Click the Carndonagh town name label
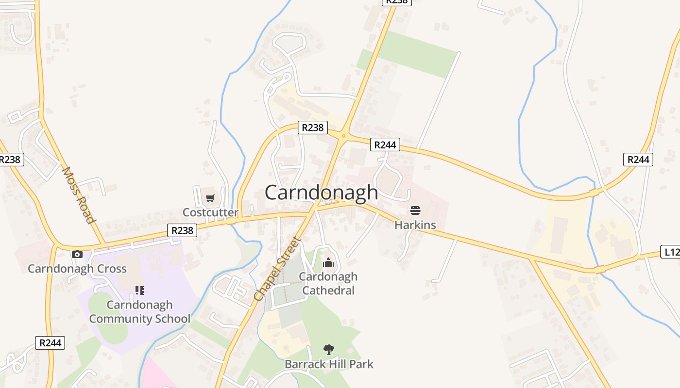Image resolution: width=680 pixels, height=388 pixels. pyautogui.click(x=321, y=193)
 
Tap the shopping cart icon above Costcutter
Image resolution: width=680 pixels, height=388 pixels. pyautogui.click(x=210, y=198)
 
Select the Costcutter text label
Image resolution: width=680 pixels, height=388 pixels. pyautogui.click(x=210, y=212)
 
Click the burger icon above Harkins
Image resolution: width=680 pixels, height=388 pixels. pyautogui.click(x=415, y=210)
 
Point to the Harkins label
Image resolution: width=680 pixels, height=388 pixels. pyautogui.click(x=415, y=225)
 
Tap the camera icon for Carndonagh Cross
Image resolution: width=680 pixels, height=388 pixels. pyautogui.click(x=77, y=254)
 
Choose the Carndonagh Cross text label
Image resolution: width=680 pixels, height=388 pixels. pyautogui.click(x=77, y=269)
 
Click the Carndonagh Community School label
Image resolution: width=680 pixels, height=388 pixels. pyautogui.click(x=139, y=312)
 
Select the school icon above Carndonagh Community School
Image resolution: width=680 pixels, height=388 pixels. pyautogui.click(x=139, y=291)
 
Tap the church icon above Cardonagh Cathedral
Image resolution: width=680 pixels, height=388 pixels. pyautogui.click(x=328, y=263)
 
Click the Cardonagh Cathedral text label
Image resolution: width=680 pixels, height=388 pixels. pyautogui.click(x=328, y=283)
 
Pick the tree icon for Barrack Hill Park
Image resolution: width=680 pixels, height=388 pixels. pyautogui.click(x=329, y=349)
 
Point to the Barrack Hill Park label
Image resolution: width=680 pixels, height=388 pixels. pyautogui.click(x=329, y=364)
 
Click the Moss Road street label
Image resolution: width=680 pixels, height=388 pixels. pyautogui.click(x=78, y=195)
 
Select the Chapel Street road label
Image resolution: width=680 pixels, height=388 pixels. pyautogui.click(x=278, y=269)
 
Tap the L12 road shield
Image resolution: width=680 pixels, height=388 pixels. pyautogui.click(x=670, y=252)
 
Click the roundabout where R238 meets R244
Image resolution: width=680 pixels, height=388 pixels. pyautogui.click(x=343, y=136)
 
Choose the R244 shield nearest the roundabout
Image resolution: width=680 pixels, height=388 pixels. pyautogui.click(x=385, y=145)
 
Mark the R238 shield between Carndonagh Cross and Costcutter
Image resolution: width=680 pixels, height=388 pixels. pyautogui.click(x=182, y=230)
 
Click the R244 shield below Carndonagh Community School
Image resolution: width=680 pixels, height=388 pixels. pyautogui.click(x=50, y=343)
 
